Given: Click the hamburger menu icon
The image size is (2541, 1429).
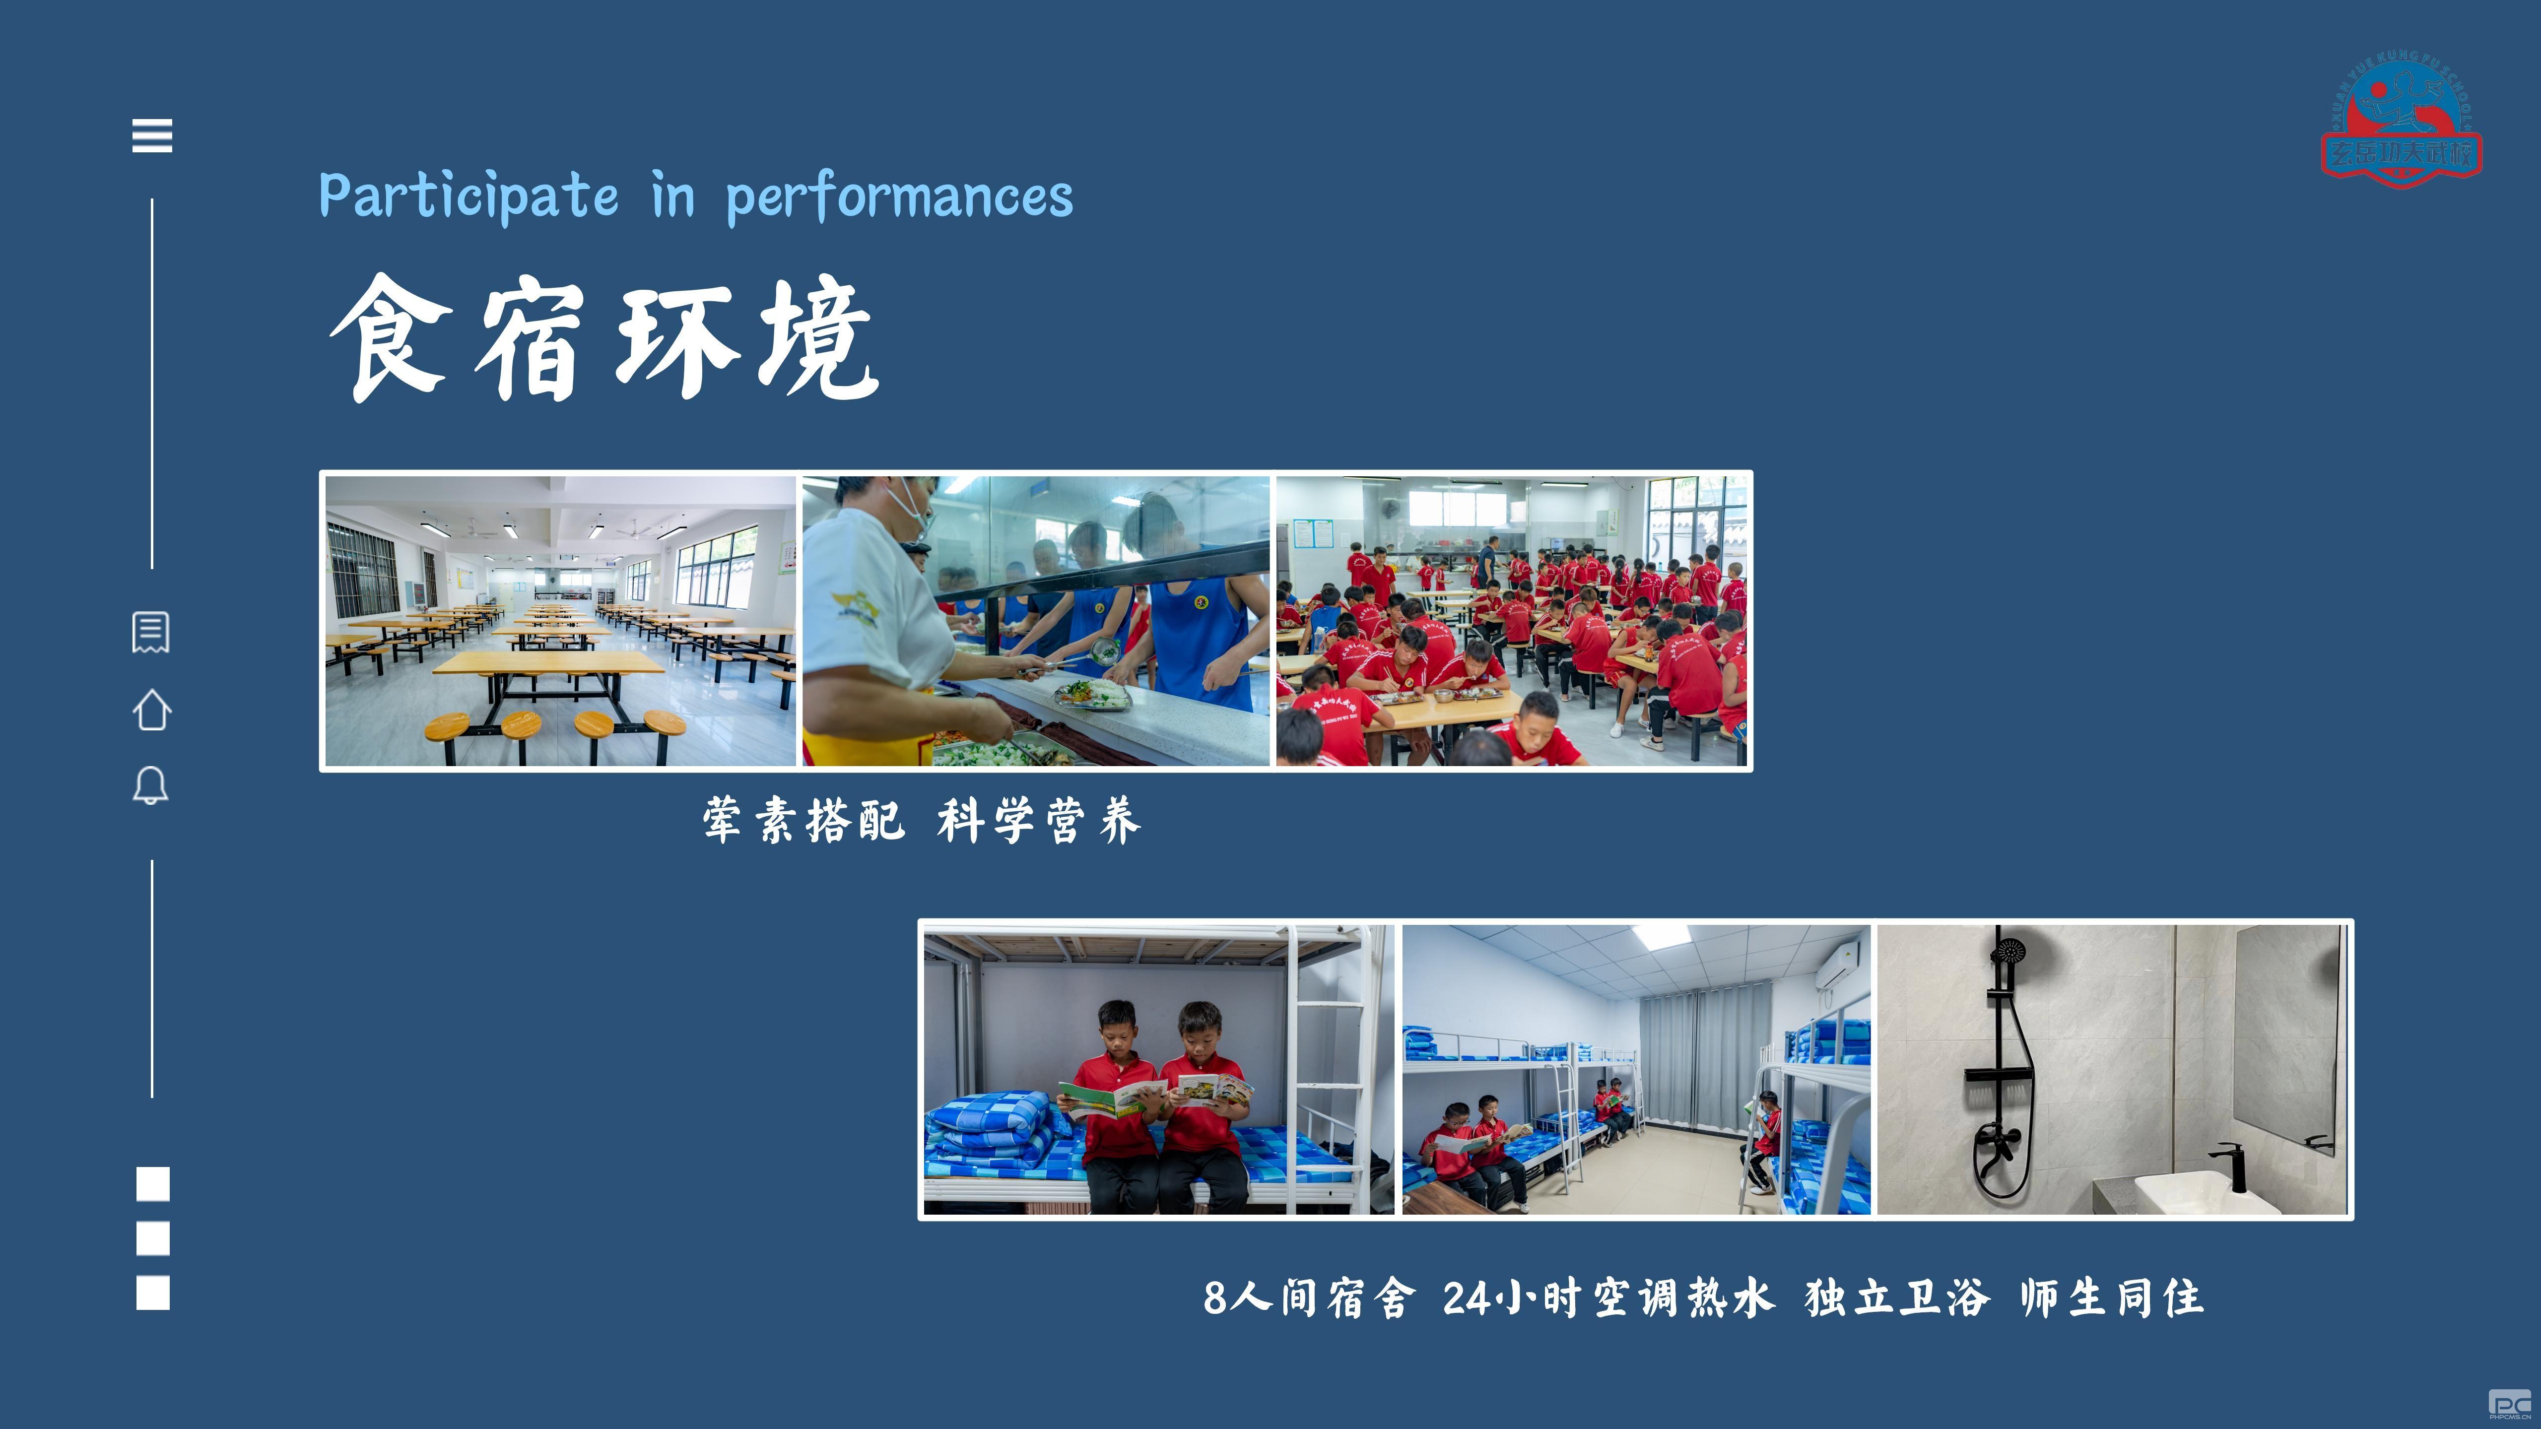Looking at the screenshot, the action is point(152,135).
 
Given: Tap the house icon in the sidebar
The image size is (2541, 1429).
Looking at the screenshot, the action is point(152,709).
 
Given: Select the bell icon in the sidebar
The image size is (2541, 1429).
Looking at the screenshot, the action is point(151,786).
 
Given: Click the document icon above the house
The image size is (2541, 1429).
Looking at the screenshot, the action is point(151,632).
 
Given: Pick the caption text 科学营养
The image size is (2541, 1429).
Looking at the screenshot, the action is point(1039,821).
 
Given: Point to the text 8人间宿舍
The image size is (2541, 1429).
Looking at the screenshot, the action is point(1309,1298).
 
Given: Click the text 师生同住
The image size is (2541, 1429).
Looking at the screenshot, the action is point(2111,1298).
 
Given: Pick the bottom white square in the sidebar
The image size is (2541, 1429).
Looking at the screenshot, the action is point(153,1293).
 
